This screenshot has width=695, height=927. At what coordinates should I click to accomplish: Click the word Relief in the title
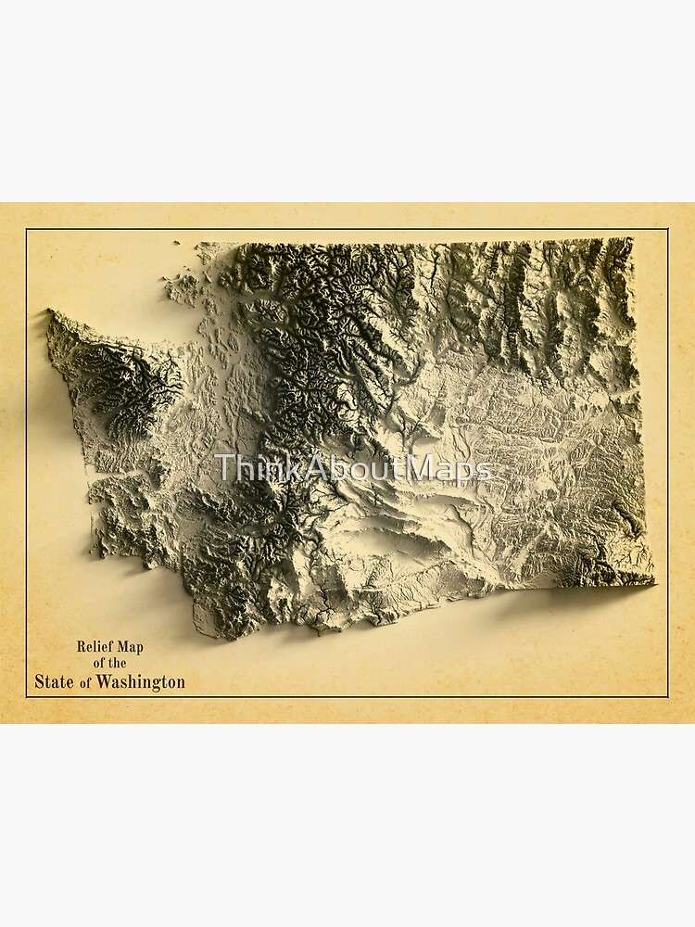94,646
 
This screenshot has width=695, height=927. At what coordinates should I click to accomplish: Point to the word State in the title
54,682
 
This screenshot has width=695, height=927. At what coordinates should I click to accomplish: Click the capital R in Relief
81,646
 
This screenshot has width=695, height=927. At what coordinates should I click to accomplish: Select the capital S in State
40,682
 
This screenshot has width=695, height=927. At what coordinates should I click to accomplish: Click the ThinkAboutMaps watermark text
352,468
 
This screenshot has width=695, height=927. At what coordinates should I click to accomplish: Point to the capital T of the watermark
222,468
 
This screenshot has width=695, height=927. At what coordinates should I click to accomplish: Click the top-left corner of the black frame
27,230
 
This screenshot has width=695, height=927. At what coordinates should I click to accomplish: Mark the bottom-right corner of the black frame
667,696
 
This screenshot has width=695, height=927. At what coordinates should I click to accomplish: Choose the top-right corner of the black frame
667,230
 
